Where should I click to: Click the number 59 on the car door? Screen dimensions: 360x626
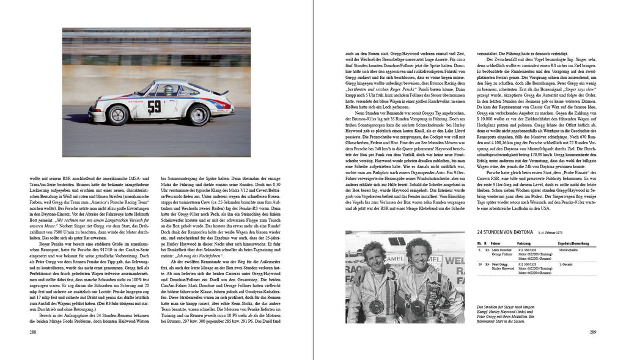pos(155,106)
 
